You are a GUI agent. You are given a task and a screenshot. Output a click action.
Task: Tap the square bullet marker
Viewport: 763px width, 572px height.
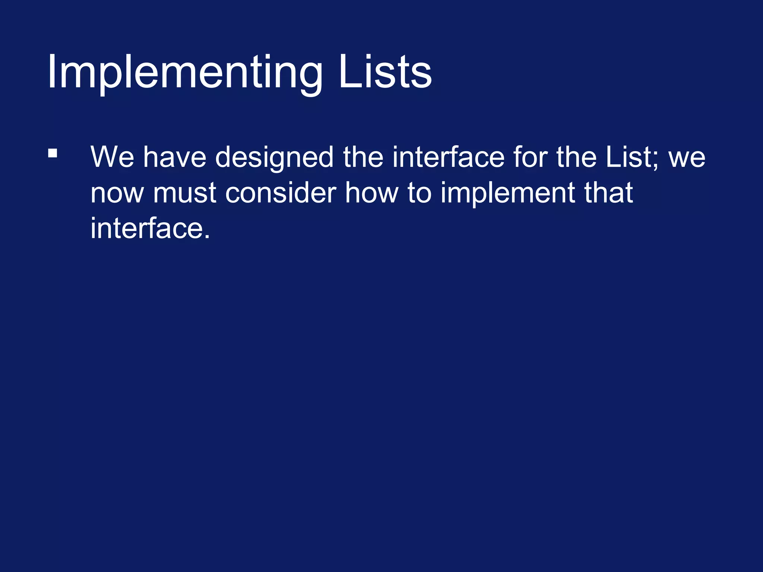(x=53, y=153)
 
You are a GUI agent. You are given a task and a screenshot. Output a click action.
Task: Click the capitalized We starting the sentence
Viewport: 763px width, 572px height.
(x=112, y=157)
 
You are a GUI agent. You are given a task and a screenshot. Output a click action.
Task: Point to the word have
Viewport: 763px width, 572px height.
(x=175, y=157)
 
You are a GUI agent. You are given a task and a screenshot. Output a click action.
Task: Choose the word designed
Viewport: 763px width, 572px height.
(x=274, y=157)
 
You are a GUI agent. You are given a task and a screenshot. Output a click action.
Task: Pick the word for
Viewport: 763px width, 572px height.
(x=530, y=157)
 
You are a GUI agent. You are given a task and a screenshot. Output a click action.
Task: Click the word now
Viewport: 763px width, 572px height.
(x=117, y=193)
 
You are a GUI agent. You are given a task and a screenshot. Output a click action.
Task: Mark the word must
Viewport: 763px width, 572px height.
(x=184, y=193)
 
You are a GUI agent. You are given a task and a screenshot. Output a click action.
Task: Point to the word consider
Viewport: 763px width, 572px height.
(x=281, y=193)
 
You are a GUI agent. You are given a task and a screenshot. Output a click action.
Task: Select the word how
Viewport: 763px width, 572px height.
(x=371, y=193)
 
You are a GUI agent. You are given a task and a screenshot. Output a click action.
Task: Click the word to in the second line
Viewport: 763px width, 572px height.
(x=419, y=193)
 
